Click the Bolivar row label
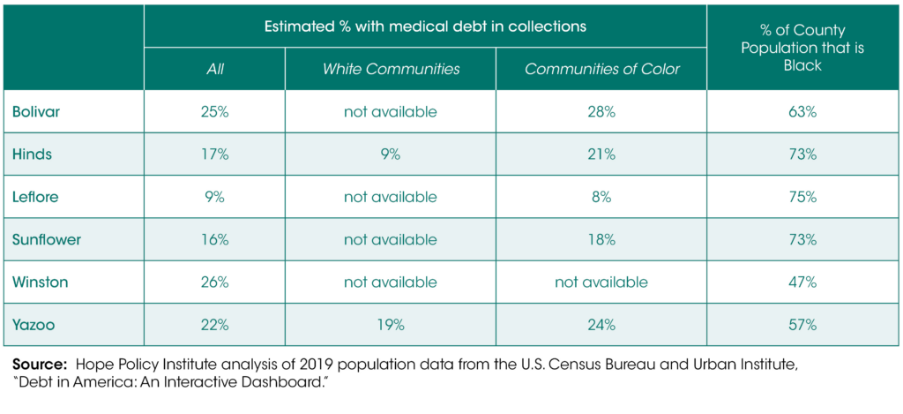(36, 111)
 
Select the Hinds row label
(32, 154)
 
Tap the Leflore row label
(36, 197)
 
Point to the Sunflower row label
(45, 239)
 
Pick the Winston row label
(40, 282)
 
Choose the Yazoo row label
(34, 325)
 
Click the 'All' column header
(214, 69)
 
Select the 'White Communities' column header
(390, 69)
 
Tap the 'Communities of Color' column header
(602, 69)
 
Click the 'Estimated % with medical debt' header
(425, 26)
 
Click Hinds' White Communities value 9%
(390, 154)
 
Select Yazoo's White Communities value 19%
(390, 325)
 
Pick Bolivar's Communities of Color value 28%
(602, 111)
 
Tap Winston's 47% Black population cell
(802, 282)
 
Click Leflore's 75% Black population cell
(802, 197)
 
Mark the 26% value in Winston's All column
(214, 282)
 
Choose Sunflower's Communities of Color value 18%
(602, 239)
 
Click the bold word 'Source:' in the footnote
(40, 364)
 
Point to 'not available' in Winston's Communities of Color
(602, 282)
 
